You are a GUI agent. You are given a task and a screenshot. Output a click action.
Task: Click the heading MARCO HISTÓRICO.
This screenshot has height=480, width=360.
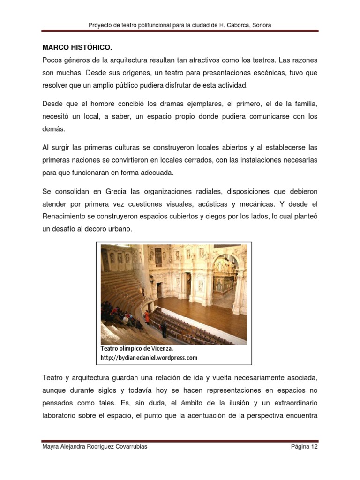(x=77, y=48)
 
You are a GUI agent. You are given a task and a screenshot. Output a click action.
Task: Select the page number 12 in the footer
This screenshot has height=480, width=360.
(x=314, y=447)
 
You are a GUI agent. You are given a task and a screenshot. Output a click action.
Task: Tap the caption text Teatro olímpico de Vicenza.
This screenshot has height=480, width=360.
(x=137, y=349)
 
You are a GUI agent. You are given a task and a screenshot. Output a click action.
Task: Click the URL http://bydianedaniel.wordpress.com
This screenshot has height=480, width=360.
(x=149, y=358)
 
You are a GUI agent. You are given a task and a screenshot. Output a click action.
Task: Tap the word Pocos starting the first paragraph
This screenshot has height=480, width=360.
(x=52, y=60)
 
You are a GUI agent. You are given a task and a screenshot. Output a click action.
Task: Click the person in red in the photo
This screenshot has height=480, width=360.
(x=147, y=317)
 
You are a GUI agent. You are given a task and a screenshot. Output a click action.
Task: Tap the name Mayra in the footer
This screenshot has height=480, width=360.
(x=51, y=447)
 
